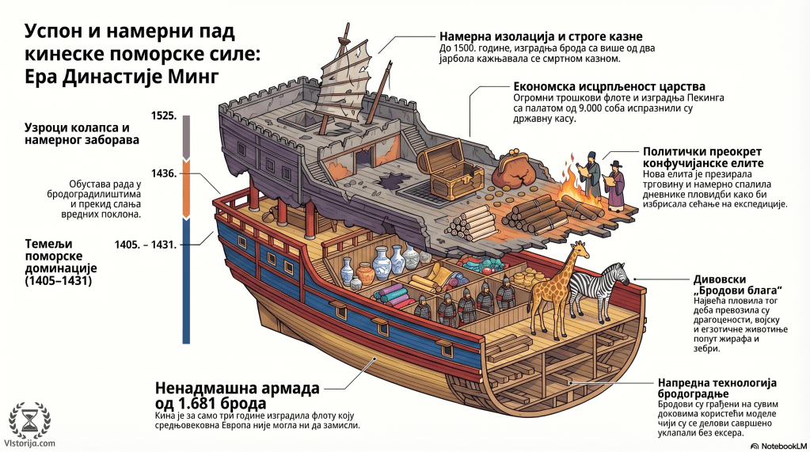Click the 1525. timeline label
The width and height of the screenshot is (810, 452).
[x=164, y=116]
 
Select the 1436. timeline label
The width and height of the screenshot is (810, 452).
[x=164, y=173]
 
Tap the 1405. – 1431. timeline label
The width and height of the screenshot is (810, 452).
[x=146, y=245]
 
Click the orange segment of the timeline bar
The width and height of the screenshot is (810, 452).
[x=187, y=188]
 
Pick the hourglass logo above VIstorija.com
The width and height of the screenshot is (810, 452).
[x=30, y=420]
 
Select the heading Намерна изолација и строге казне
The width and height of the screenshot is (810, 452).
[x=541, y=36]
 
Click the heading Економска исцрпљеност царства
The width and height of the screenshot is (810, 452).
[x=610, y=86]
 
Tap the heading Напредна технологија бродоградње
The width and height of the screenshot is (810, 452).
[x=717, y=389]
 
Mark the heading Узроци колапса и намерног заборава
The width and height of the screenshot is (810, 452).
[x=82, y=134]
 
